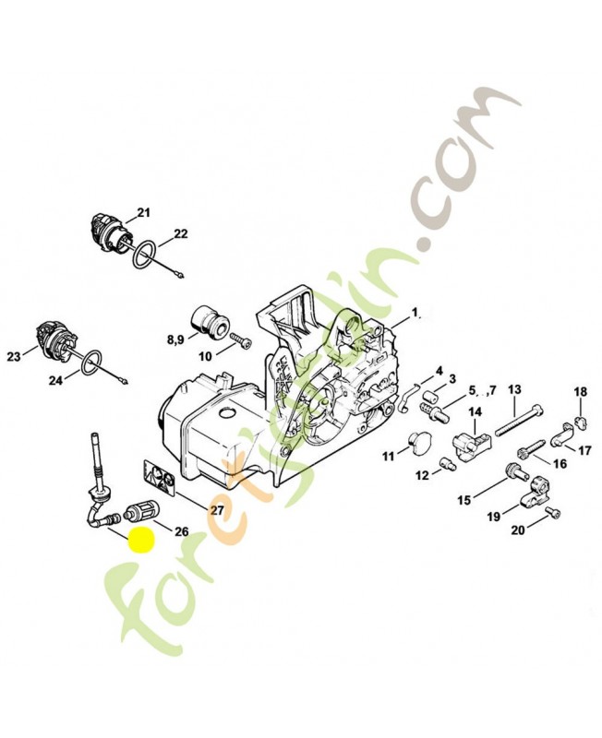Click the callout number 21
[143, 213]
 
